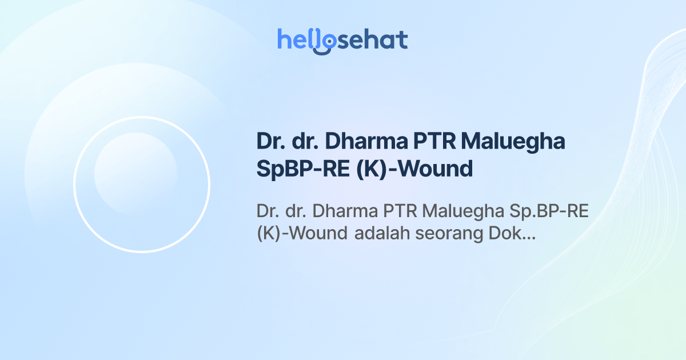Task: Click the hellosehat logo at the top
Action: pos(342,41)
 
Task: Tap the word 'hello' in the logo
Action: pos(303,40)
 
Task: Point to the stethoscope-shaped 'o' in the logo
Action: pos(325,42)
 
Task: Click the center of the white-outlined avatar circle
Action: pos(142,184)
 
